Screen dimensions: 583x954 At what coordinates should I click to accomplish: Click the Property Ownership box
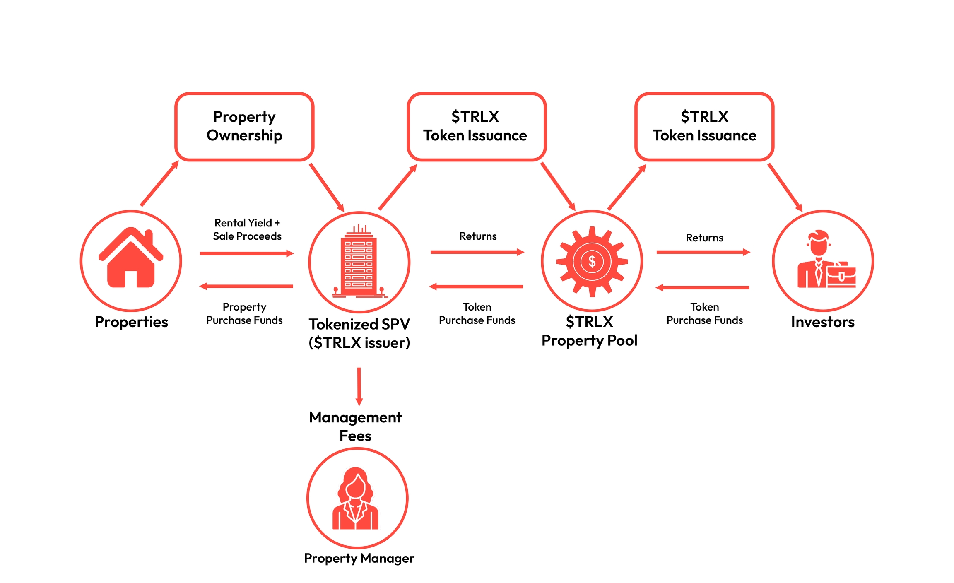244,126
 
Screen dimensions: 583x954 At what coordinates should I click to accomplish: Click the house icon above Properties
131,259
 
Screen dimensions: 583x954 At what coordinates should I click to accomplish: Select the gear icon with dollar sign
592,261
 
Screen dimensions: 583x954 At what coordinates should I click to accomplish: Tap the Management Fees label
355,426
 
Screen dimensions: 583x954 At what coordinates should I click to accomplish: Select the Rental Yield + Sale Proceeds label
247,229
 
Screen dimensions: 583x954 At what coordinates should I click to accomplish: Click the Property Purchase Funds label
244,313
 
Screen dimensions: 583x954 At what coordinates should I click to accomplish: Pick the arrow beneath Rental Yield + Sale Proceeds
247,253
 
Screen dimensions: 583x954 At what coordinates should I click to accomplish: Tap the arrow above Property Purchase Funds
246,286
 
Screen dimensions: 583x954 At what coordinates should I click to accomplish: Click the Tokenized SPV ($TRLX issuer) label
359,333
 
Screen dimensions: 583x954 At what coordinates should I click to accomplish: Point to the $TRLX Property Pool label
589,331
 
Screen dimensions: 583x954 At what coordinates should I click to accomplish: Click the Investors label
822,322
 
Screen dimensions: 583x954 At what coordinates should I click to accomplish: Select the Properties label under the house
131,322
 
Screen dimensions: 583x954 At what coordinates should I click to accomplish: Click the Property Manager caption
359,558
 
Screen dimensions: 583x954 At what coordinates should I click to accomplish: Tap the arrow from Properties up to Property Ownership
159,183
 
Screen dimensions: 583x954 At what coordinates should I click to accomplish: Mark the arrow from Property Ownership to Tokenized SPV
327,187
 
